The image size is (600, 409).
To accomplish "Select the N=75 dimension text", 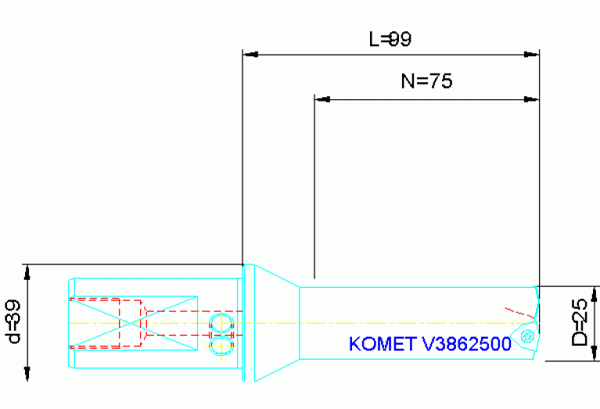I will tap(426, 81).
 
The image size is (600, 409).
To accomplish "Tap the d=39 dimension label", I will tap(13, 321).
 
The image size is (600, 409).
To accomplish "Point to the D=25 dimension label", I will tap(579, 324).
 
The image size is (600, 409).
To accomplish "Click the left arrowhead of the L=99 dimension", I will tap(250, 55).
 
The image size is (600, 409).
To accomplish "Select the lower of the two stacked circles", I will tap(221, 344).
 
